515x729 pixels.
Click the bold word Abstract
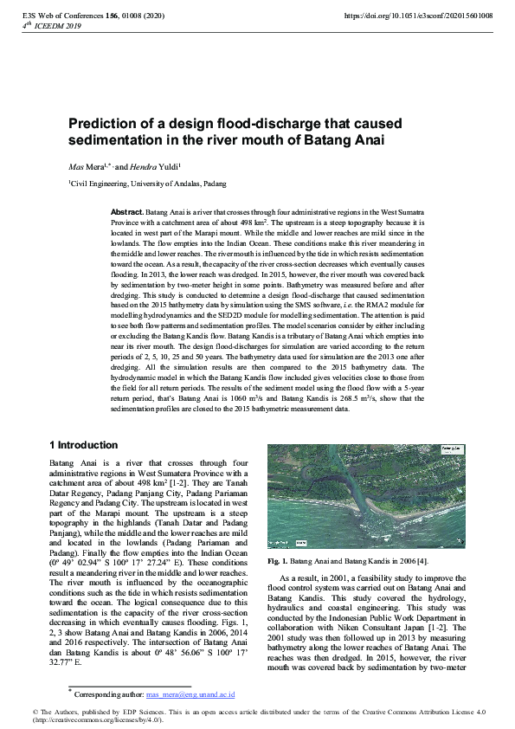tap(127, 212)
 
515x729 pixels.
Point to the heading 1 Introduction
tap(84, 445)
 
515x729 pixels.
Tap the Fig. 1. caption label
tap(279, 562)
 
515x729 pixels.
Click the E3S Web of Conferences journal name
tap(66, 16)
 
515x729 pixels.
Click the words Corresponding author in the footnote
tap(109, 694)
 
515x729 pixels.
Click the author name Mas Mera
tap(87, 165)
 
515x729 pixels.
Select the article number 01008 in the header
tap(138, 16)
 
